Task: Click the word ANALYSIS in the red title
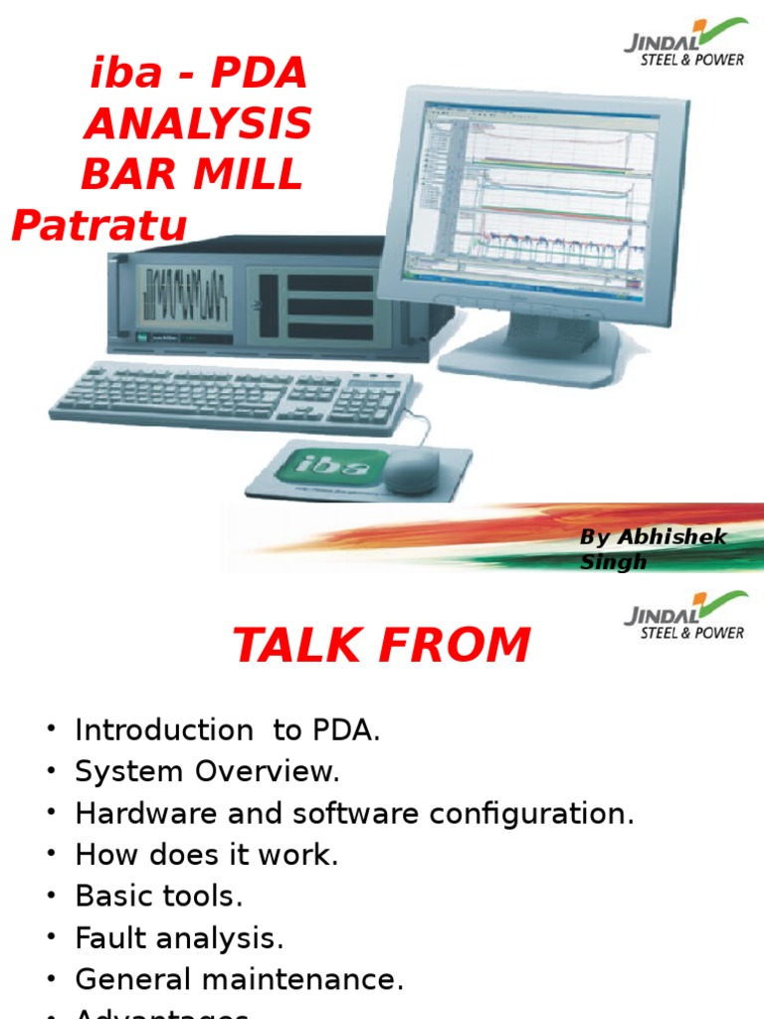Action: pyautogui.click(x=197, y=125)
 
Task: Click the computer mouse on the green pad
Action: pyautogui.click(x=410, y=472)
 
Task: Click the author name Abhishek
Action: pyautogui.click(x=671, y=537)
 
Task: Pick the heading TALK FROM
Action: pyautogui.click(x=381, y=646)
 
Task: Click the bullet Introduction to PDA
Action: pyautogui.click(x=227, y=730)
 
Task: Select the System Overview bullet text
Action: pyautogui.click(x=207, y=772)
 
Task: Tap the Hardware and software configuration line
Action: pyautogui.click(x=354, y=814)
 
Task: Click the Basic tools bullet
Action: pyautogui.click(x=158, y=897)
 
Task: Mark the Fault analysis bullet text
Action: pyautogui.click(x=179, y=938)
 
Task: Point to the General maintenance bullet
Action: pyautogui.click(x=239, y=980)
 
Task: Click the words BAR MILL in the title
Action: pyautogui.click(x=191, y=175)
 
